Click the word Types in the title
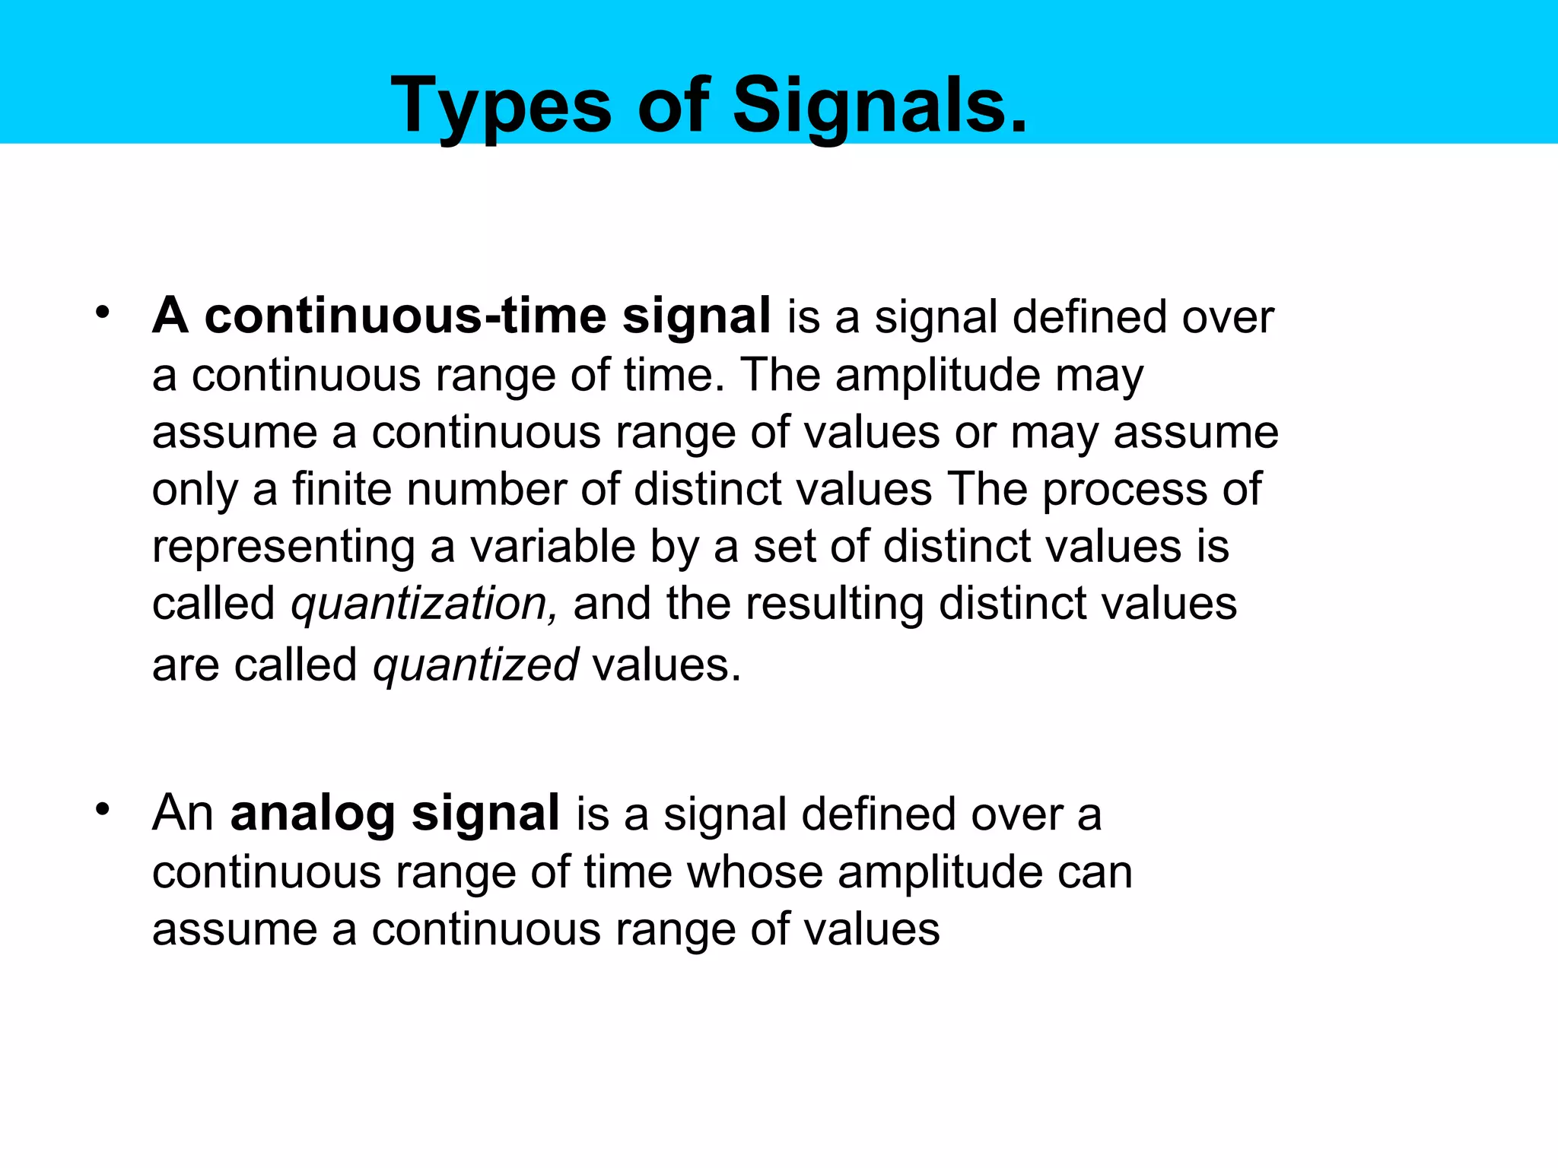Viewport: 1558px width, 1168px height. click(501, 106)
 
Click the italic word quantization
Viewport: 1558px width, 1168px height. click(420, 605)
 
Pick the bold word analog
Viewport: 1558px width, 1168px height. click(313, 814)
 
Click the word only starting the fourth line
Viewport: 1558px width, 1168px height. click(195, 490)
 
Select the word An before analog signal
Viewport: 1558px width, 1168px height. click(183, 814)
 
